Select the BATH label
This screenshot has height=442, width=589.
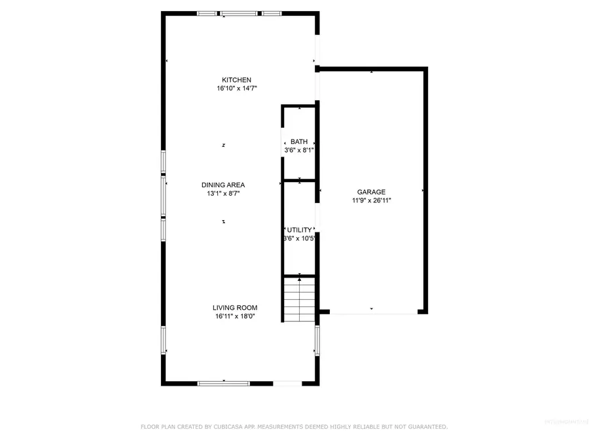click(299, 141)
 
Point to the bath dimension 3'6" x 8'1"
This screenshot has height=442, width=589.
click(299, 150)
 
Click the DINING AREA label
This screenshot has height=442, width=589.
click(223, 185)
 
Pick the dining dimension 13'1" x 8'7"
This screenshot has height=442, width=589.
click(223, 194)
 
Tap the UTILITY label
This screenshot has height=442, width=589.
click(300, 230)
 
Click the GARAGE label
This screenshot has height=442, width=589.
click(371, 192)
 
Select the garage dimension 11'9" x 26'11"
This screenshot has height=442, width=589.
click(371, 201)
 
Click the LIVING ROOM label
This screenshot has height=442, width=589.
click(235, 308)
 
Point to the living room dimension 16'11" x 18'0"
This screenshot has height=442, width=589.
click(235, 316)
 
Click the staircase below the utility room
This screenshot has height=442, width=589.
click(299, 299)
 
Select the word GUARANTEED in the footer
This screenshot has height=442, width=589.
click(424, 427)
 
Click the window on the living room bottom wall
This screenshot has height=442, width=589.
click(224, 382)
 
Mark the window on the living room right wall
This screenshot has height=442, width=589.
click(317, 341)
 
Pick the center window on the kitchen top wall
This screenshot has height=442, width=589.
click(240, 13)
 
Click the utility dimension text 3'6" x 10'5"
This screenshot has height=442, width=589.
click(300, 238)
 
